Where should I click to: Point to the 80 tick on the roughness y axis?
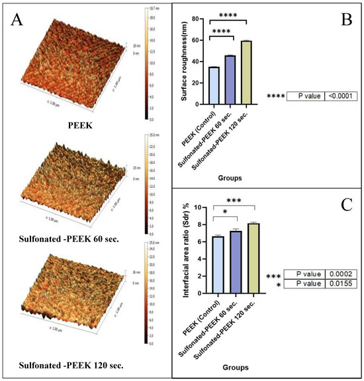pyautogui.click(x=199, y=19)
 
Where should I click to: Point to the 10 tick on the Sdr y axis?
pyautogui.click(x=199, y=208)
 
